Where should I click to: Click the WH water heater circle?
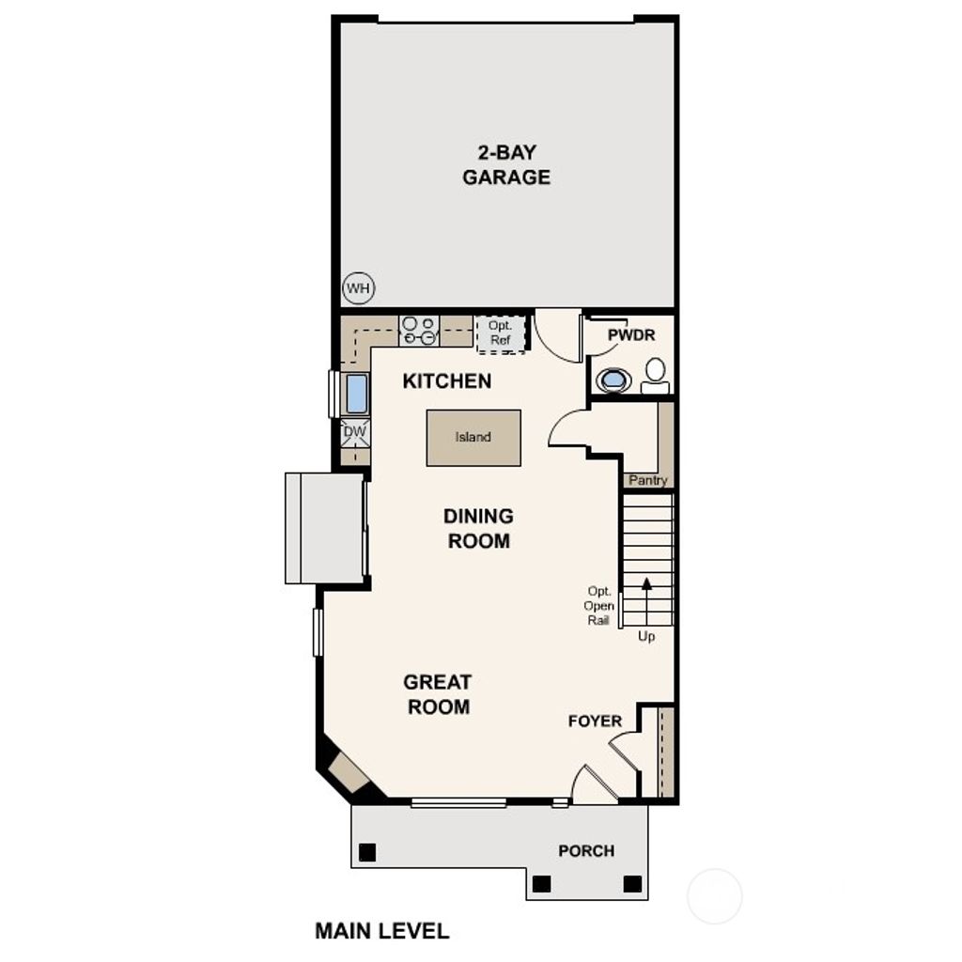coord(358,288)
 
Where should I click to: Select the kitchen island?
coord(473,438)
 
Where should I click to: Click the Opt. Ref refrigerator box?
coord(500,334)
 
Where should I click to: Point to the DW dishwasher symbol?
coord(355,432)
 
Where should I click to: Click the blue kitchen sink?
coord(357,394)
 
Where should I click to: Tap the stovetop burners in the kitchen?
coord(419,331)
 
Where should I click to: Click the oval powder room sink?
coord(614,380)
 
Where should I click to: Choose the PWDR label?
coord(630,335)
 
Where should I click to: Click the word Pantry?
coord(647,481)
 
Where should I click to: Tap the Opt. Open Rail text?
coord(599,606)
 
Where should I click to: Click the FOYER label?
coord(595,721)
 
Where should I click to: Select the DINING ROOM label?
coord(478,528)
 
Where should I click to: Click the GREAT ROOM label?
coord(438,694)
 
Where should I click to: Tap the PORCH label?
coord(586,850)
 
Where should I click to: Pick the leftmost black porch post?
coord(367,852)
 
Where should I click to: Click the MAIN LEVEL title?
coord(381,931)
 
